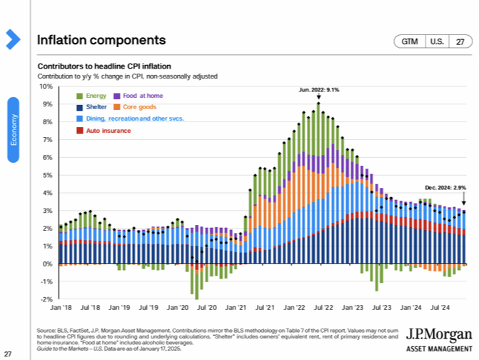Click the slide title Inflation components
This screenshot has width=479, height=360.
coord(101,39)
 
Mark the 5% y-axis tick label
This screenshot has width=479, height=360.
coord(48,175)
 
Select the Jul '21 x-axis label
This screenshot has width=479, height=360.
coord(265,308)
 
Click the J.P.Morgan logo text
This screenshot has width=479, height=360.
coord(438,334)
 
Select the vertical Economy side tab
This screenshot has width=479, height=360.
coord(12,129)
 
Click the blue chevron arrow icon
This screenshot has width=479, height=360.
coord(13,39)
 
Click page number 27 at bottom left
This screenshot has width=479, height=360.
coord(8,354)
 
